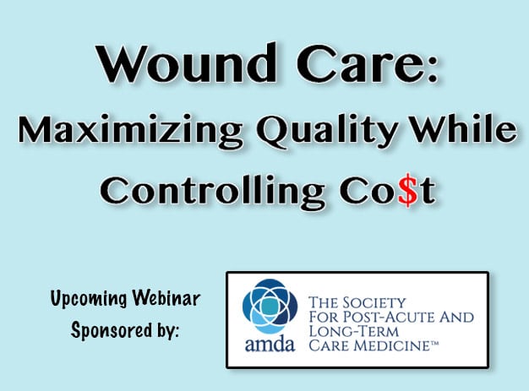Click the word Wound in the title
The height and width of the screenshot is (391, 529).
click(187, 63)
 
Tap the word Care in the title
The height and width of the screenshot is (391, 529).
click(357, 63)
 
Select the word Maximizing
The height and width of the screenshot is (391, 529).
click(130, 130)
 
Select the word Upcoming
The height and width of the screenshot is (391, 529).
click(89, 299)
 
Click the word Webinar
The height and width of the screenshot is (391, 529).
click(166, 297)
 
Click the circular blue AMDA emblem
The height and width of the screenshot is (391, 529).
click(270, 306)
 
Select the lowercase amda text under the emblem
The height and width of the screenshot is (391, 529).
click(270, 345)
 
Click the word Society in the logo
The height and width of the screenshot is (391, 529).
click(374, 302)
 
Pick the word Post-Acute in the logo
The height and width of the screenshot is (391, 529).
click(386, 318)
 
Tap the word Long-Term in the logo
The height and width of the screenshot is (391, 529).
click(353, 332)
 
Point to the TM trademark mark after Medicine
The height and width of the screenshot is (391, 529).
click(434, 343)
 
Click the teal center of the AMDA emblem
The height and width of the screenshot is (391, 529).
click(270, 306)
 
